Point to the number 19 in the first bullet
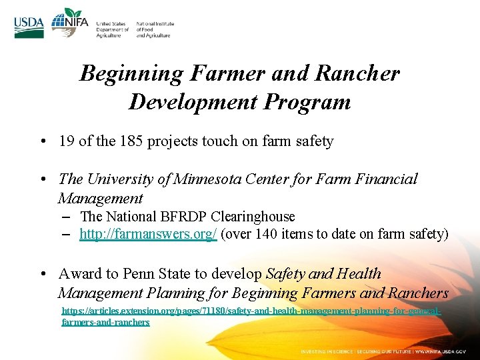click(66, 141)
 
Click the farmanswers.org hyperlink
click(148, 234)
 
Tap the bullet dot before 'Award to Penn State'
click(42, 274)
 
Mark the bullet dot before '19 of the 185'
click(42, 141)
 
